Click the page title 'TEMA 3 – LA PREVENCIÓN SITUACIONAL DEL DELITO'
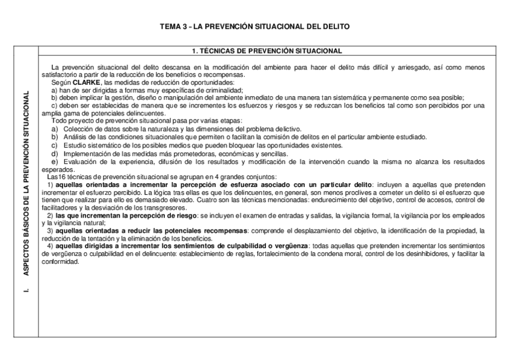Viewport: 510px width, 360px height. point(254,27)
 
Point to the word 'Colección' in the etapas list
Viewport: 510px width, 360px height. point(76,129)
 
